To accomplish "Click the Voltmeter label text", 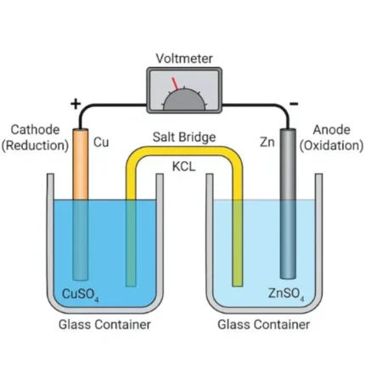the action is point(184,59).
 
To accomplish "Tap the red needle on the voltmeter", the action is point(175,84).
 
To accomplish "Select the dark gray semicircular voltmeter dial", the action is point(184,99).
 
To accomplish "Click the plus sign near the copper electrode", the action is point(76,104).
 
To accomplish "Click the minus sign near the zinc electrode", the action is point(294,104).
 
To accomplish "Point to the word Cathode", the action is point(35,130).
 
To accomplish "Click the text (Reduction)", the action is point(35,145).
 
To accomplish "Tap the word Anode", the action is point(331,130).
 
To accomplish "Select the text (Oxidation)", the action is point(331,145).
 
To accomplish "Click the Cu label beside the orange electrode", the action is point(101,142).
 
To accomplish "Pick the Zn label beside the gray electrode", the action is point(267,142).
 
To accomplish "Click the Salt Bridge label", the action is point(184,138).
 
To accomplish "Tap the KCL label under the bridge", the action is point(184,166).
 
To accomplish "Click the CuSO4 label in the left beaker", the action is point(81,295).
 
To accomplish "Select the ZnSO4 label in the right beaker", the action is point(286,295).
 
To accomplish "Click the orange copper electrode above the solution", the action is point(81,164).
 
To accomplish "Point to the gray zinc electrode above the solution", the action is point(288,164).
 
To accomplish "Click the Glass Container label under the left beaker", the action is point(104,324).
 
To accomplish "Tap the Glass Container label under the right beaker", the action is point(263,324).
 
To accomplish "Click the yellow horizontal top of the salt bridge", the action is point(184,151).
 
